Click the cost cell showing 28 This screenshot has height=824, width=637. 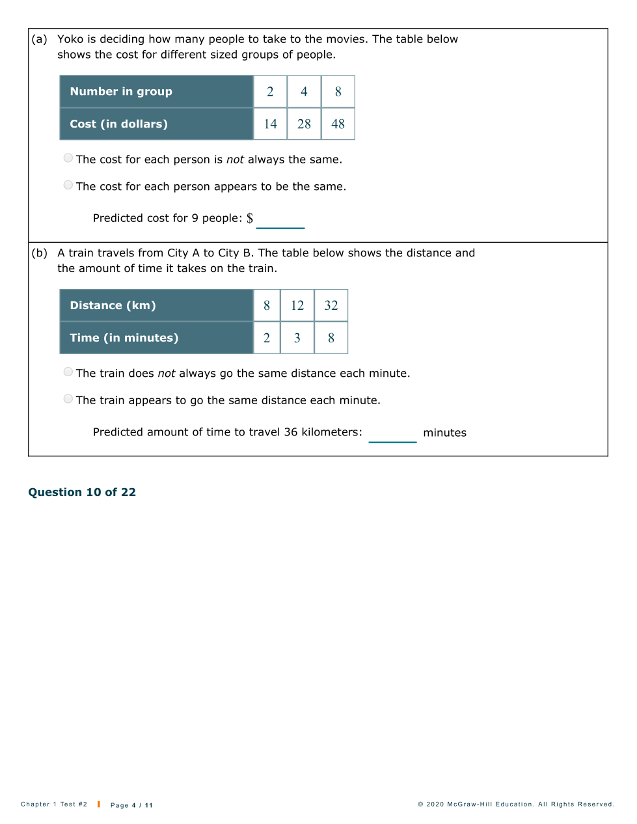pyautogui.click(x=304, y=124)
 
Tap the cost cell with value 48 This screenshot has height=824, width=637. pyautogui.click(x=338, y=124)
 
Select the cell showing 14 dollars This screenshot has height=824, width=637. pyautogui.click(x=270, y=124)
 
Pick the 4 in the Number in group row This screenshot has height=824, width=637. pyautogui.click(x=304, y=92)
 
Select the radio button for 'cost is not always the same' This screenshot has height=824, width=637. pyautogui.click(x=68, y=158)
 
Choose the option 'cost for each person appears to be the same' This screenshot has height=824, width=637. pyautogui.click(x=68, y=185)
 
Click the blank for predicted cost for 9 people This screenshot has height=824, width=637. pyautogui.click(x=280, y=219)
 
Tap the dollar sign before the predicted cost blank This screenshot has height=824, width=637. pyautogui.click(x=250, y=218)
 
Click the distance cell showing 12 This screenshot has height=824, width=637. pyautogui.click(x=297, y=305)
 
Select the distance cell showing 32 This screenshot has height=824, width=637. pyautogui.click(x=331, y=305)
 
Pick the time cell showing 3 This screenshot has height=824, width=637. pyautogui.click(x=297, y=338)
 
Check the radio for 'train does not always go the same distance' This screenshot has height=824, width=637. pyautogui.click(x=68, y=372)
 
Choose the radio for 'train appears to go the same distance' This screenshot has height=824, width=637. pyautogui.click(x=68, y=399)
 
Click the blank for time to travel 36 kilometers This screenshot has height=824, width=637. pyautogui.click(x=392, y=433)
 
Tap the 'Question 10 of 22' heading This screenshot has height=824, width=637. pyautogui.click(x=82, y=492)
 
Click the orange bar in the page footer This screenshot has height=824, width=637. pyautogui.click(x=99, y=804)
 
